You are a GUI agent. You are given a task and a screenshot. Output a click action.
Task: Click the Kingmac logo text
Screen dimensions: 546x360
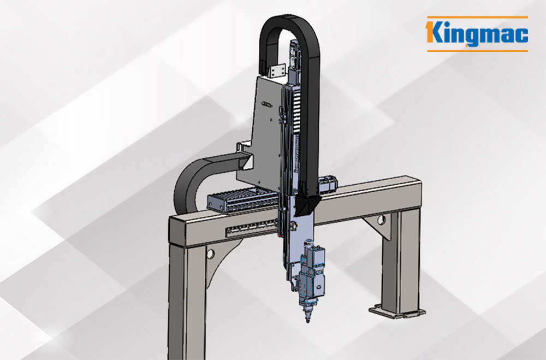[x=477, y=33]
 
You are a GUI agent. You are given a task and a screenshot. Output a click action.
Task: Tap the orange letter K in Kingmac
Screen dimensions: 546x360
[x=435, y=32]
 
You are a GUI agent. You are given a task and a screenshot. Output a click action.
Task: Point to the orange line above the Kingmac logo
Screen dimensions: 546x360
[x=477, y=16]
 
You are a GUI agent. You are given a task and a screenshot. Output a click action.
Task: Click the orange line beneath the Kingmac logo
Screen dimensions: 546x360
[x=477, y=51]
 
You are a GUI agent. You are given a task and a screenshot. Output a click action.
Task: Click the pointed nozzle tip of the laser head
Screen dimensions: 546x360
[x=307, y=320]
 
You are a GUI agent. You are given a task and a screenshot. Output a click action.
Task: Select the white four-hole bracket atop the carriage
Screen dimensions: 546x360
[x=278, y=71]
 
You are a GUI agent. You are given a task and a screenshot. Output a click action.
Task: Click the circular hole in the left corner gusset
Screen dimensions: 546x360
[x=210, y=254]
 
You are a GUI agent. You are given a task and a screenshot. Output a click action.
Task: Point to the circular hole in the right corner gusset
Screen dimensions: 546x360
[x=381, y=220]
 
